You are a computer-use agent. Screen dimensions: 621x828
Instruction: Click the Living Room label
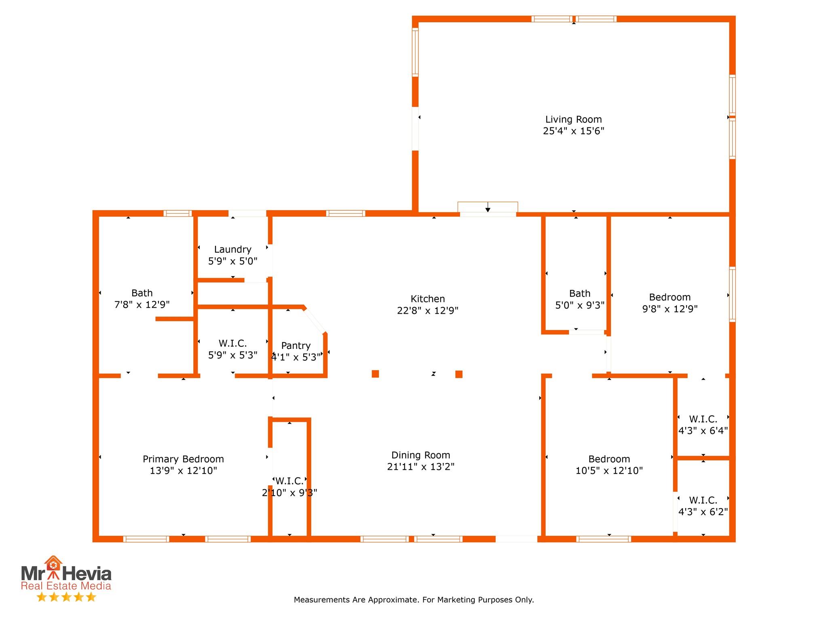(573, 120)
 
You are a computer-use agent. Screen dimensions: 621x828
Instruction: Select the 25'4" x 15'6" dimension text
(573, 131)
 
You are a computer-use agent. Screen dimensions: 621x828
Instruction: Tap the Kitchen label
(428, 299)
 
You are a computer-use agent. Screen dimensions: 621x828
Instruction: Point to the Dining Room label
(420, 455)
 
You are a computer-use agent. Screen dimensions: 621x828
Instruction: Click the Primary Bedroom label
(183, 459)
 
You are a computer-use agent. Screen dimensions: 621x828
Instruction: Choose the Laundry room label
(233, 249)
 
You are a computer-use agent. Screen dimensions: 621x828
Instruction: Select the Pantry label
(296, 346)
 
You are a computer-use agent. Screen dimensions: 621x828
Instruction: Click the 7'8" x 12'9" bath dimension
(142, 304)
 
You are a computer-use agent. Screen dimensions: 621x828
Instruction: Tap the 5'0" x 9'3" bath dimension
(580, 305)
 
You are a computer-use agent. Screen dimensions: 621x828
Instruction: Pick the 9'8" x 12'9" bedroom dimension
(670, 309)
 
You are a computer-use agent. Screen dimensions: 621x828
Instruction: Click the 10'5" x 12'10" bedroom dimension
(609, 471)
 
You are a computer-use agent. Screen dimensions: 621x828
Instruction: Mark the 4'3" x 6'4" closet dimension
(703, 431)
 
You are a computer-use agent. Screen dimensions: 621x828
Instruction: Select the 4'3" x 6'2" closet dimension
(703, 512)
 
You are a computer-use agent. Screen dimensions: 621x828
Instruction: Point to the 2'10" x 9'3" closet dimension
(289, 493)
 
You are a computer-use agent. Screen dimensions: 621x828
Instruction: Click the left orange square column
(375, 374)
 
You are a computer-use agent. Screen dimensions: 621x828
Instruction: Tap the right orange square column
(459, 374)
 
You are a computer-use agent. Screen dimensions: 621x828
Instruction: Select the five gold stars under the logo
(66, 597)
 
